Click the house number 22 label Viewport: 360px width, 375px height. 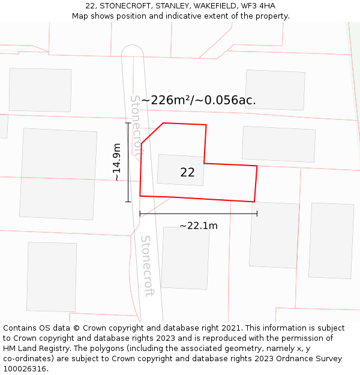(187, 172)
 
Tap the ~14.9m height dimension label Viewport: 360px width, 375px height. (117, 162)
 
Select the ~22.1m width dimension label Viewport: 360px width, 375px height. (198, 226)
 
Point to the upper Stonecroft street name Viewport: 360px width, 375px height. (137, 126)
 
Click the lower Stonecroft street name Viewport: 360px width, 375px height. (147, 265)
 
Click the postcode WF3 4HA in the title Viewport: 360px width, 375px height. (259, 6)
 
